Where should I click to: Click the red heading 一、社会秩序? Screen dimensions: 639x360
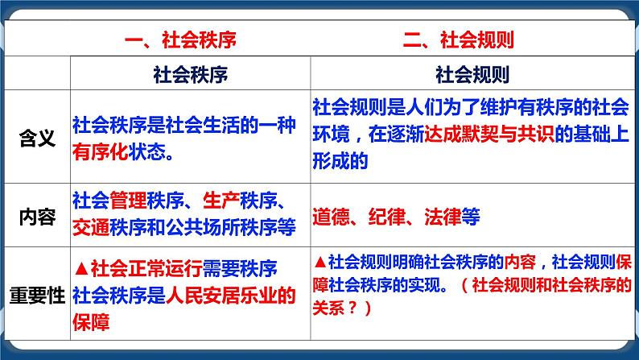(180, 40)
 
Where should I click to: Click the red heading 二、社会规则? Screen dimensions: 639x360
(459, 40)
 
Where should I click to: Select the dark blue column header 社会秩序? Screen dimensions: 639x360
(190, 75)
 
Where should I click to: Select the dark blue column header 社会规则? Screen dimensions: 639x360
(472, 75)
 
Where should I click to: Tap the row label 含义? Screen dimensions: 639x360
(37, 138)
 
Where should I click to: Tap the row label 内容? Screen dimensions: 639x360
(37, 217)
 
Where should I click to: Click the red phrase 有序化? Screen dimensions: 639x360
(101, 152)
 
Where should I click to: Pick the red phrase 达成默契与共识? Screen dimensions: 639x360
(489, 134)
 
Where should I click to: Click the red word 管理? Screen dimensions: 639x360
(129, 201)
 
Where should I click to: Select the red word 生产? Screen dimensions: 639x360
(221, 201)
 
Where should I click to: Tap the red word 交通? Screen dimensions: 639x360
(91, 227)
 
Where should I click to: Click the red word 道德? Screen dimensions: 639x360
(331, 217)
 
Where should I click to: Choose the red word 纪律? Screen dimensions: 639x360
(387, 217)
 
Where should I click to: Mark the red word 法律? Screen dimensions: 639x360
(443, 217)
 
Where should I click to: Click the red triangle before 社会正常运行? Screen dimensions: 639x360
(81, 269)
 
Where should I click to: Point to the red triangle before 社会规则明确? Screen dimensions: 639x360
(320, 263)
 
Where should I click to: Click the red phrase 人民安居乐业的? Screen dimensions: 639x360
(231, 296)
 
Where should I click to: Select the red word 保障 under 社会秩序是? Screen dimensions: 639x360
(91, 322)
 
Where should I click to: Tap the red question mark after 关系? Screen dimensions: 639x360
(352, 308)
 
